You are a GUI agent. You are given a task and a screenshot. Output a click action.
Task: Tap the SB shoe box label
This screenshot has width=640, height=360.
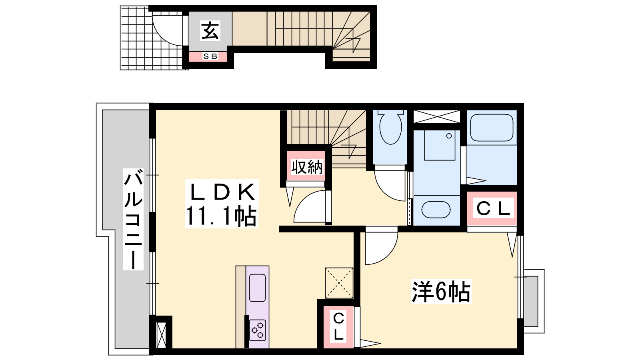point(210,56)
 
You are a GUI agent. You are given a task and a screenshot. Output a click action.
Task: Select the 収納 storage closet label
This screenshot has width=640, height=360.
point(307,167)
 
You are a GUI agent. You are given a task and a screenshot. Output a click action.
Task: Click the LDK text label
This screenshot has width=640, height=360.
point(222,192)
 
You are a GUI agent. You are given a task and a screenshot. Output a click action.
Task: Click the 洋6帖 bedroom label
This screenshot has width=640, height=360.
point(441,292)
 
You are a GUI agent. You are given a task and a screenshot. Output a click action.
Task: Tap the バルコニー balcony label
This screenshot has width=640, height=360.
point(134,220)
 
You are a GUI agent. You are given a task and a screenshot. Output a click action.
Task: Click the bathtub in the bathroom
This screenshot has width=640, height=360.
point(492,128)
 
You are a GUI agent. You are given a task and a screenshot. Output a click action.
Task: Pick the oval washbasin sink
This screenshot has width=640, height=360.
point(436,210)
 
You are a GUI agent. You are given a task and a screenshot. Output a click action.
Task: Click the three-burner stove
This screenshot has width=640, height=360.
point(258,330)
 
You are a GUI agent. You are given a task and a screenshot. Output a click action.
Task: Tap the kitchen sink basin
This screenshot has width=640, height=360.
point(258,288)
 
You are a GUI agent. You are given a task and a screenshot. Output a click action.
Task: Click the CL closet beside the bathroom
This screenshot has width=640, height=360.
point(492,208)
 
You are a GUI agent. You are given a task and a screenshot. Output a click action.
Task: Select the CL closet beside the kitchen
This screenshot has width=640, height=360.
point(338,327)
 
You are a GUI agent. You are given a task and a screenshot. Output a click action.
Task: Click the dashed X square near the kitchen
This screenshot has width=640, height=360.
point(339,283)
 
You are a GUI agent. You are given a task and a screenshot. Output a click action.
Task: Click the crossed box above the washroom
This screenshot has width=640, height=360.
point(436,116)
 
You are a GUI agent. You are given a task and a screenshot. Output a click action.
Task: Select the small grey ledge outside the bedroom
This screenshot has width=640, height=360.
point(531,301)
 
